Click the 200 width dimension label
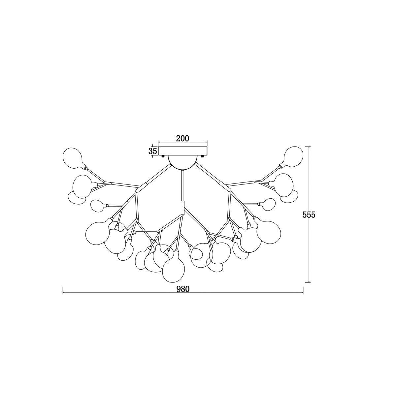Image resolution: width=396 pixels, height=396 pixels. click(182, 139)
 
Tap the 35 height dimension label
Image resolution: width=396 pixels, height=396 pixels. click(153, 151)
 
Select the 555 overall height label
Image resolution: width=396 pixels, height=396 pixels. click(309, 215)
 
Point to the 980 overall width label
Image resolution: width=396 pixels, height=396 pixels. click(183, 289)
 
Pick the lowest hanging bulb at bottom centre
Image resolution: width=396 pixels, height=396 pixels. click(174, 266)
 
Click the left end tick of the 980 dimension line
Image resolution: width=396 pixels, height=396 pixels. click(63, 293)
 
